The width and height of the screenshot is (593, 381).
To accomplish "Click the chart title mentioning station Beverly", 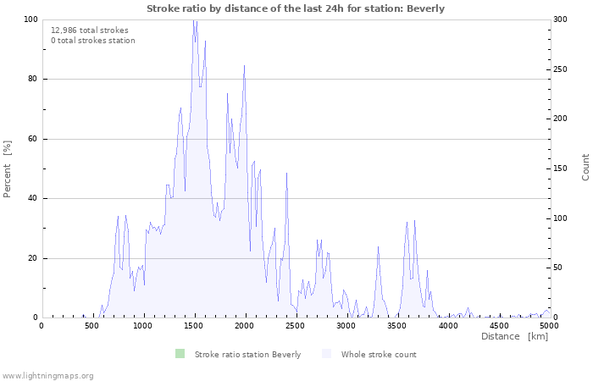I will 296,8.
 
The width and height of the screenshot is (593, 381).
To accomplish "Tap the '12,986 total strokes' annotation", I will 90,30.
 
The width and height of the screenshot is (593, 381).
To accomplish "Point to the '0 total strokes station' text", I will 92,40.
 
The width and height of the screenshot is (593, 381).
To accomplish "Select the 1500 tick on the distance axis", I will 194,325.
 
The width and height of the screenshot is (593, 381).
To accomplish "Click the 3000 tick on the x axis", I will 346,325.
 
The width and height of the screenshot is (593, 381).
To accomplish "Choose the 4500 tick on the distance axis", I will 499,325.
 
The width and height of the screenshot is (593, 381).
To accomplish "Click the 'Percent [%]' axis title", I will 8,168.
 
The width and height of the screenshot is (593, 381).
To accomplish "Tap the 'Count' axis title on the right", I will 585,167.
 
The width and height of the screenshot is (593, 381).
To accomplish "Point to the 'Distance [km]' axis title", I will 514,337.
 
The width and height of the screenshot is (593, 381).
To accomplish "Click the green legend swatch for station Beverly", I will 180,354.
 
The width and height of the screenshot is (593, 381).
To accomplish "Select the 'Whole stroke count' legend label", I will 379,354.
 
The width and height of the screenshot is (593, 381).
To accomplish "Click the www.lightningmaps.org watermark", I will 47,375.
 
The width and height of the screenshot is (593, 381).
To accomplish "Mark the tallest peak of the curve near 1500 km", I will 194,20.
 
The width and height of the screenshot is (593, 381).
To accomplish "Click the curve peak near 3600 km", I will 414,221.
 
